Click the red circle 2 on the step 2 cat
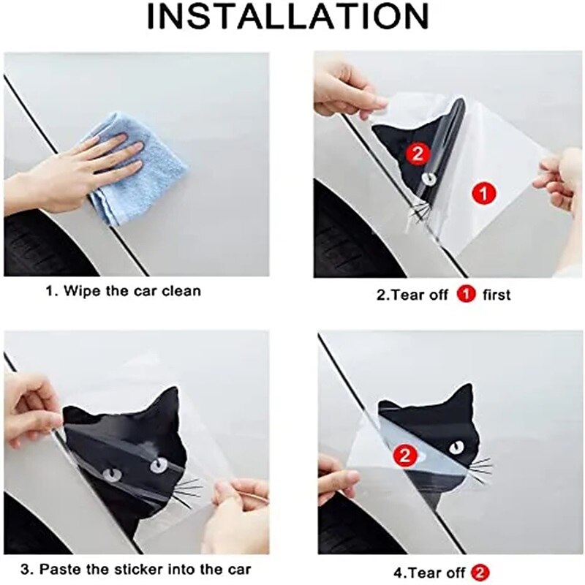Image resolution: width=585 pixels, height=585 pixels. [x=417, y=153]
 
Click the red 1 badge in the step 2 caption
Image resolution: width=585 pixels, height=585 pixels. [x=466, y=295]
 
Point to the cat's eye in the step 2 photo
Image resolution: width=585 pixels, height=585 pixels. [x=428, y=178]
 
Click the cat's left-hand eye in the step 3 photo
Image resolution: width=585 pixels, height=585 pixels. [x=113, y=475]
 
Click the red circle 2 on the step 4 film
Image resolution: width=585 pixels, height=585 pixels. [x=403, y=457]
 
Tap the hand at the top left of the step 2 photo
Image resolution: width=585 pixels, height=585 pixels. [x=344, y=88]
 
